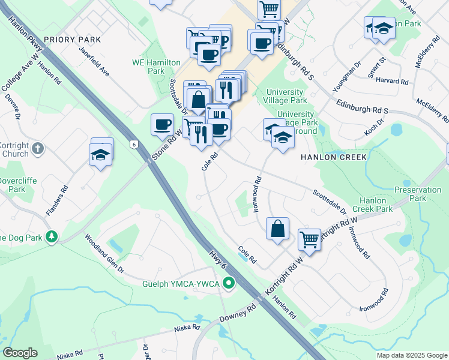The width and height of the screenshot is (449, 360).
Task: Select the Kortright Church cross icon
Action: click(x=37, y=148)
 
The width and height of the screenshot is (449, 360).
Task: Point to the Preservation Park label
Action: click(x=418, y=193)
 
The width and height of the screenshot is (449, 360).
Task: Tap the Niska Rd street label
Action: click(x=187, y=328)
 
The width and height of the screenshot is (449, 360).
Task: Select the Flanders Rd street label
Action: click(x=57, y=200)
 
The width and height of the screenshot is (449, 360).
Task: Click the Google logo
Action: click(x=20, y=353)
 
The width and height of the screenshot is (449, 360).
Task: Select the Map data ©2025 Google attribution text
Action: click(x=412, y=355)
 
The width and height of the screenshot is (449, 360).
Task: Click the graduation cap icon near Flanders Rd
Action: click(x=101, y=155)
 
